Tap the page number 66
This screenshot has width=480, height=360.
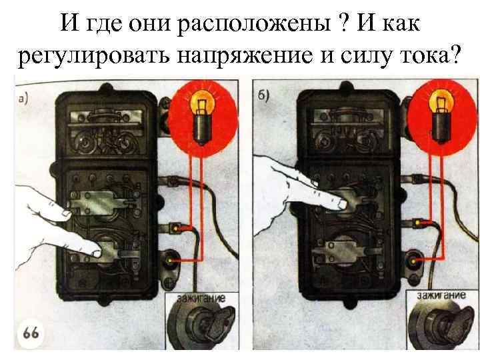pos(30,334)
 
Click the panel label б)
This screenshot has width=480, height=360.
pos(263,96)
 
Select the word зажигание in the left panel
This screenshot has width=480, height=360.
pos(199,298)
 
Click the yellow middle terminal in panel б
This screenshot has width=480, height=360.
pos(417,221)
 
